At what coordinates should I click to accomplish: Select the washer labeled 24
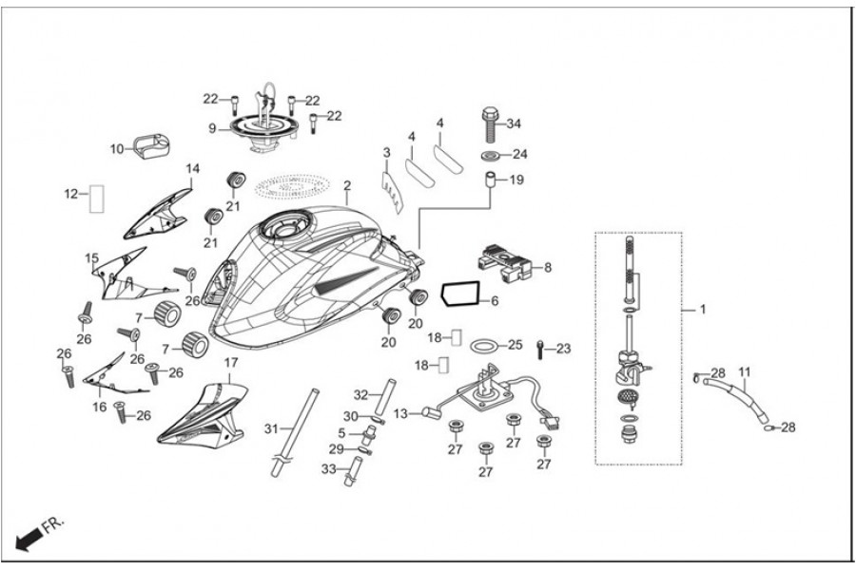pos(491,154)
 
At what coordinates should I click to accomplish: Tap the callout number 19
pos(516,180)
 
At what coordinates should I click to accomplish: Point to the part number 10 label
pos(117,149)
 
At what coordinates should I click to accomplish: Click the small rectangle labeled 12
pos(95,198)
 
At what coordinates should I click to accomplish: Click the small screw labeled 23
pos(540,349)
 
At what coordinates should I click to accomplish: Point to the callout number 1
pos(703,310)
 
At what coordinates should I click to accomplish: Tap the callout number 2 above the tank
pos(347,185)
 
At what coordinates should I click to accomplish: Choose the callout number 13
pos(399,413)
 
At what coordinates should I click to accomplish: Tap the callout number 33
pos(329,468)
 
